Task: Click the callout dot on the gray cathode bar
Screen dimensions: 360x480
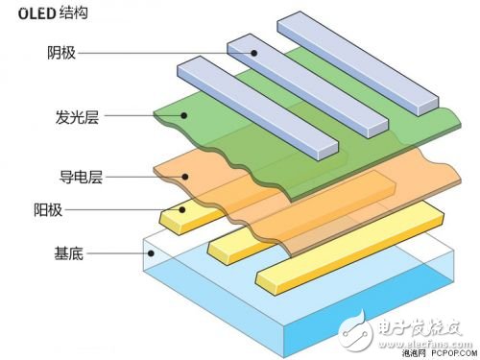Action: tap(256, 52)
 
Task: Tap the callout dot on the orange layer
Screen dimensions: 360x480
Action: tap(184, 176)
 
